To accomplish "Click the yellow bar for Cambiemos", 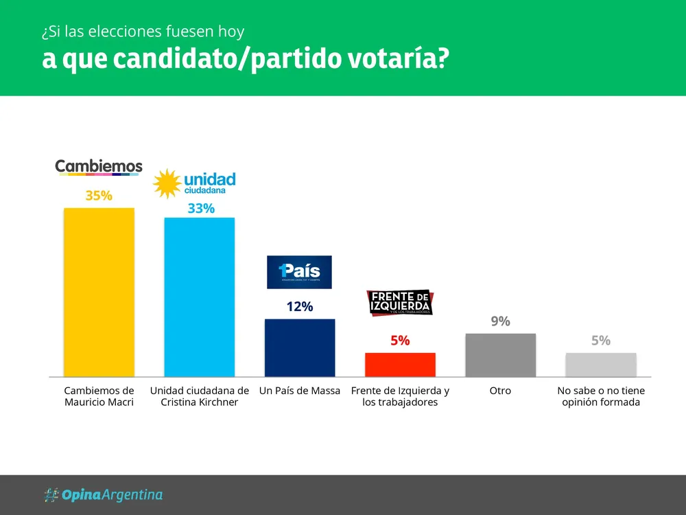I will coord(99,292).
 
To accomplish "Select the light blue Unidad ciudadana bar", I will coord(199,297).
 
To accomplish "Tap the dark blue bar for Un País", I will coord(300,347).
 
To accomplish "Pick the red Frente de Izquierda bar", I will coord(400,365).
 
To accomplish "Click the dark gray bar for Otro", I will coord(500,355).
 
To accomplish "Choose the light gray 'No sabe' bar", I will coord(601,365).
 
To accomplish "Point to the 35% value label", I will coord(99,196).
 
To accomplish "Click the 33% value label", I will coord(201,209).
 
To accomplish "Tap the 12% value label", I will coord(300,307).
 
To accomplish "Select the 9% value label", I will coord(500,321).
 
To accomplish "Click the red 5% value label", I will coord(400,341).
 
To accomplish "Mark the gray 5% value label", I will coord(601,341).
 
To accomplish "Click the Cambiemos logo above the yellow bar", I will coord(99,167).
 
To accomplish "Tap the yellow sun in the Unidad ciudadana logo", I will coord(167,183).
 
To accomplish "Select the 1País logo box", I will coord(298,272).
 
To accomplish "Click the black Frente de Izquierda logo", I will coord(401,302).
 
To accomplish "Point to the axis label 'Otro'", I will coord(500,391).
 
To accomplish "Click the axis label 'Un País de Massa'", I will coord(300,391).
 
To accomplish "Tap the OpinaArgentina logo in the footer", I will coord(103,494).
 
